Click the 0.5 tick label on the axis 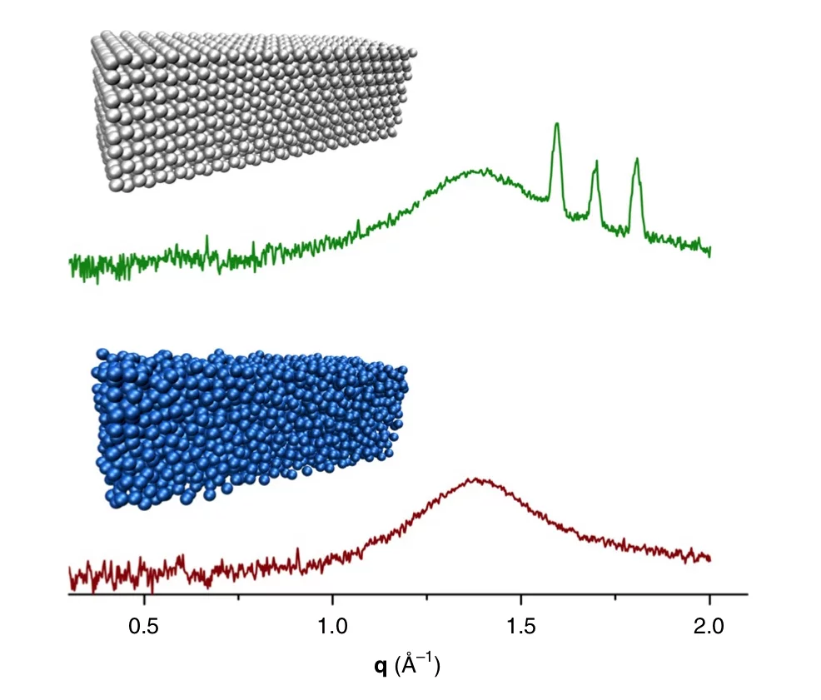[144, 623]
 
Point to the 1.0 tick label [332, 623]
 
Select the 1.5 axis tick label [521, 623]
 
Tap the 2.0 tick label [709, 623]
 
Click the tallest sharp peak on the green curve [556, 125]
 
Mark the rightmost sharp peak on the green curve [636, 159]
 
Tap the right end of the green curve [709, 251]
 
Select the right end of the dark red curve [709, 559]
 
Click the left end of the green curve [70, 263]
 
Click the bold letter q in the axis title [380, 666]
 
